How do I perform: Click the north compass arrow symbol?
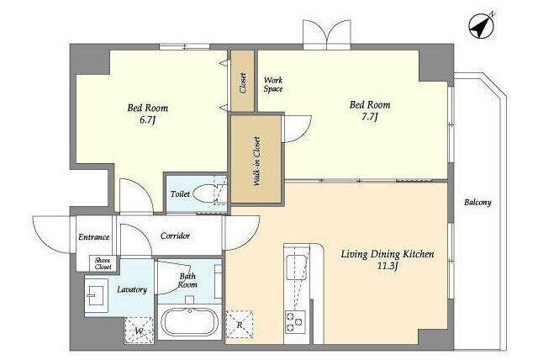482,25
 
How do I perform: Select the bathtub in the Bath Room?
189,322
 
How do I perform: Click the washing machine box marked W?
139,331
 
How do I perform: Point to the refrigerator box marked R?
240,324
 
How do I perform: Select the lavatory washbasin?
97,292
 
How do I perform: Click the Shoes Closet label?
103,263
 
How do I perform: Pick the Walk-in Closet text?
256,161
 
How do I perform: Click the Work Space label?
273,84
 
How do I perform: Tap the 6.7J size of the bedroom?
148,121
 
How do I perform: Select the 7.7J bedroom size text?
370,118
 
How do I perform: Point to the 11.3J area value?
388,266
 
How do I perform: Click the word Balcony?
477,203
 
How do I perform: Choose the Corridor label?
175,236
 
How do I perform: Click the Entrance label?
93,237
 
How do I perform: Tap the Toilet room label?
180,194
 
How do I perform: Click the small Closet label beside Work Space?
243,83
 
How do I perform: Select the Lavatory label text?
132,289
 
